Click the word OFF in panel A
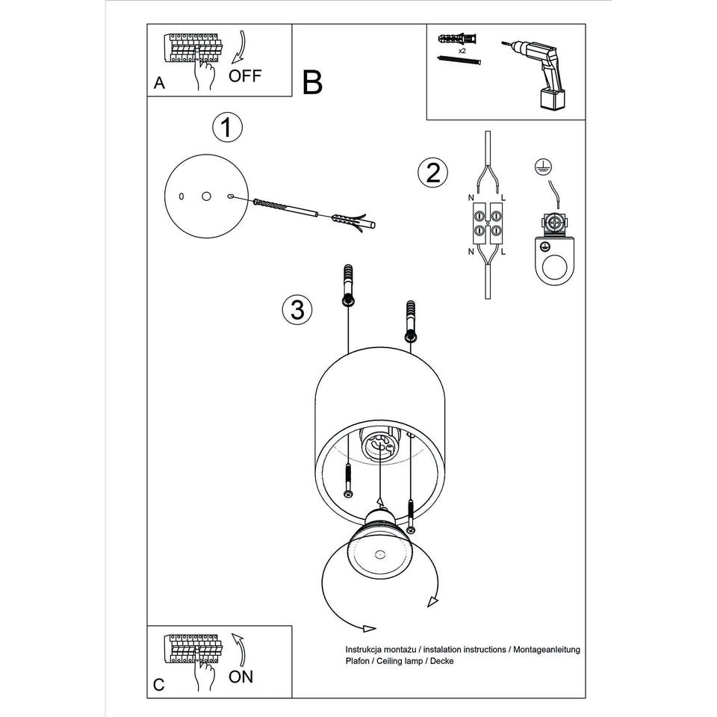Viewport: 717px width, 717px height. pyautogui.click(x=245, y=75)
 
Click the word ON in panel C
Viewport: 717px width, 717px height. pyautogui.click(x=240, y=677)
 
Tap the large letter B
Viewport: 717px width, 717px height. pyautogui.click(x=313, y=83)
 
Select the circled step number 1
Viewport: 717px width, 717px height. pyautogui.click(x=227, y=128)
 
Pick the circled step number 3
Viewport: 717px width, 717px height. pyautogui.click(x=297, y=309)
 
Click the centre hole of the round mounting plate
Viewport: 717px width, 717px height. pyautogui.click(x=205, y=196)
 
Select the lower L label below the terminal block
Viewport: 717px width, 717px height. pyautogui.click(x=503, y=252)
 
